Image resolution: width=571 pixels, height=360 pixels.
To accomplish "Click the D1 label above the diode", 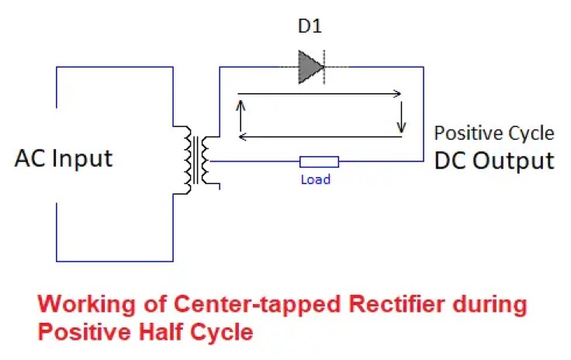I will point(310,27).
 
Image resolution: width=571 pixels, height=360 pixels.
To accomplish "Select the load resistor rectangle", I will point(319,162).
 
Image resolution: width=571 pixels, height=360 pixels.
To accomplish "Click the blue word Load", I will point(315,180).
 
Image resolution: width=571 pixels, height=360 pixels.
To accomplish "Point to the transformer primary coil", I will point(188,160).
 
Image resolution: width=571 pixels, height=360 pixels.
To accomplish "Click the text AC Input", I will point(64,158).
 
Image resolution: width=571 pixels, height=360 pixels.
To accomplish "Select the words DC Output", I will point(493,161).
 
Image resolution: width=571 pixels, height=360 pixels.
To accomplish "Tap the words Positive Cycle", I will point(493,133).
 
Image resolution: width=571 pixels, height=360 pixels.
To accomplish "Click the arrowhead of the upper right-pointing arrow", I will point(397,95).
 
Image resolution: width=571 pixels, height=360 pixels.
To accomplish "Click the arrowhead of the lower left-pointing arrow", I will point(242,137).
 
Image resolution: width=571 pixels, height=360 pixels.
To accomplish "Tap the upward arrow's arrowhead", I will point(241,106).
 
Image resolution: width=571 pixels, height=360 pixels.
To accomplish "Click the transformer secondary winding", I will point(206,160).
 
